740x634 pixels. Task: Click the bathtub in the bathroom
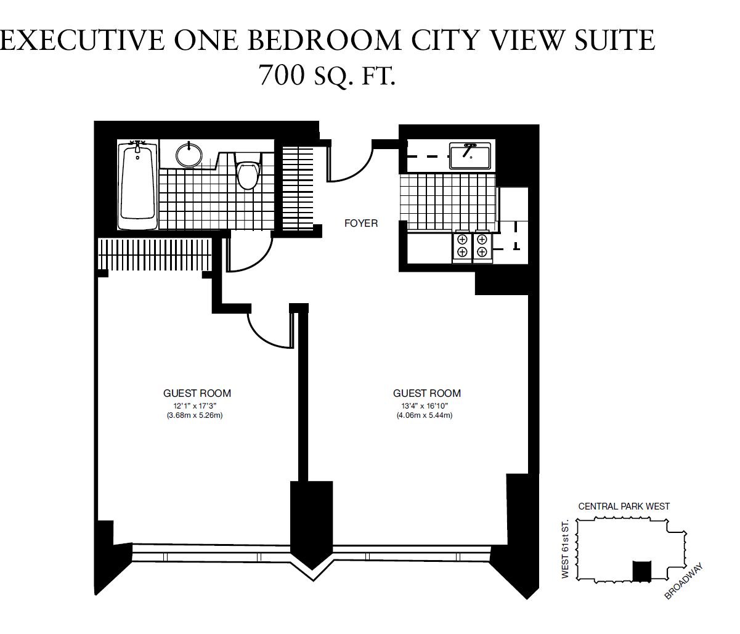click(x=137, y=184)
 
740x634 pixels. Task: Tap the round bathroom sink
click(x=189, y=155)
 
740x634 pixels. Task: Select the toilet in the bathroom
click(x=249, y=171)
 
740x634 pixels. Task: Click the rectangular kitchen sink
click(x=470, y=156)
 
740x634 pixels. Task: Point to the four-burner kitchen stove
click(x=472, y=246)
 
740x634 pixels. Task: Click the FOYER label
click(x=361, y=224)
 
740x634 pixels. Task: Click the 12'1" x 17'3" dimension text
click(x=195, y=405)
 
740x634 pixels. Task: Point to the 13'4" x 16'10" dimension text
click(x=425, y=405)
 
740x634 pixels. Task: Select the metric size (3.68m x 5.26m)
click(x=195, y=415)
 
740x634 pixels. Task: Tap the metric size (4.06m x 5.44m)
click(x=425, y=415)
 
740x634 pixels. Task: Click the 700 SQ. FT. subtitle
click(x=327, y=75)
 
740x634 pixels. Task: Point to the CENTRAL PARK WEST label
click(x=624, y=506)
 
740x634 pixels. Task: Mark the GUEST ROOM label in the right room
click(x=427, y=393)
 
